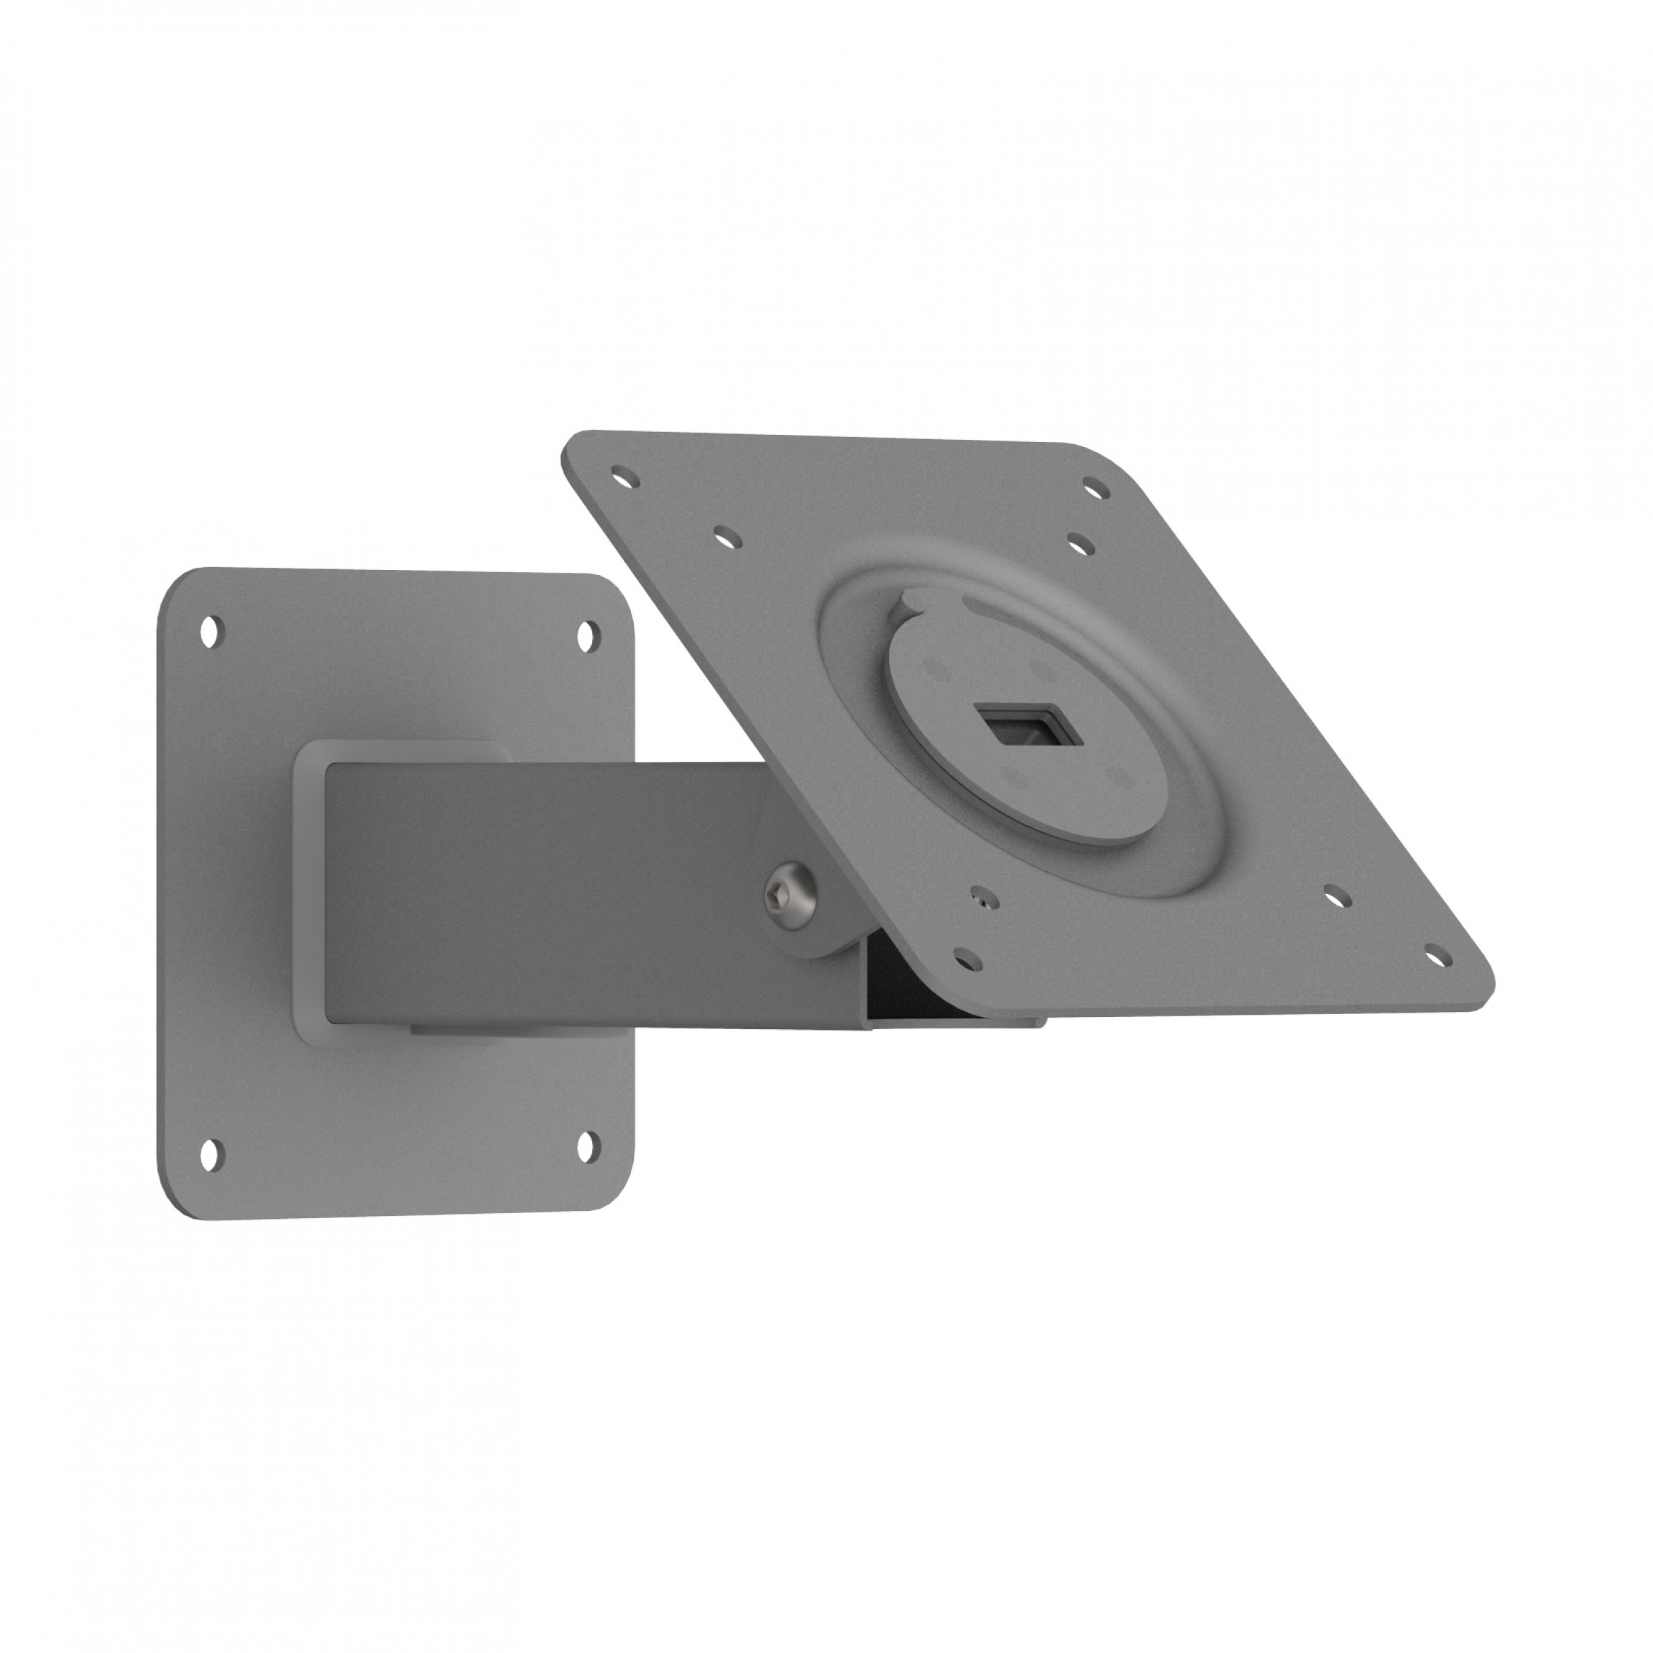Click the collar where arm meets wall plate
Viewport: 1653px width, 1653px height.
[310, 890]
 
